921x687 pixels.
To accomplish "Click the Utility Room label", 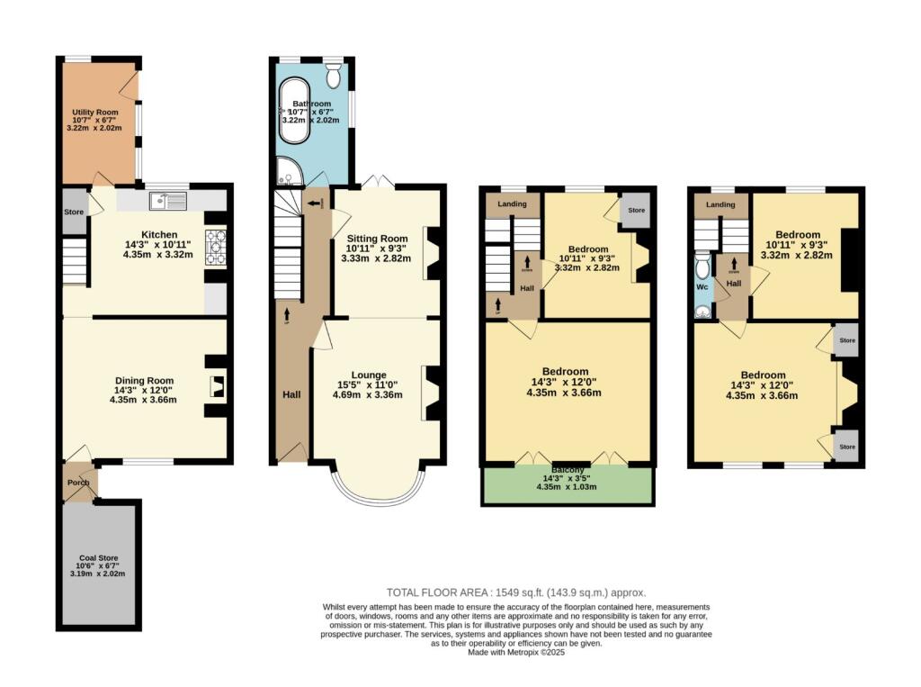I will [x=94, y=113].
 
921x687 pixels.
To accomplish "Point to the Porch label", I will [x=79, y=482].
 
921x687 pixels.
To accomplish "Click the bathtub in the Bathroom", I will [x=294, y=111].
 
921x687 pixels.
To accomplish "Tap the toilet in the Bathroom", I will [x=333, y=75].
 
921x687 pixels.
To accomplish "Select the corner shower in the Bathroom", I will [x=287, y=170].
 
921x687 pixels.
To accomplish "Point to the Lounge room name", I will [x=369, y=375].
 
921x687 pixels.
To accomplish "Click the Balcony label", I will [x=567, y=470].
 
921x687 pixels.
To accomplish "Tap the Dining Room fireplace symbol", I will [x=216, y=386].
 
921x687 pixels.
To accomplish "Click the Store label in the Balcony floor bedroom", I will [x=636, y=211].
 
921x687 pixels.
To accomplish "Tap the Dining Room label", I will [x=144, y=380].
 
